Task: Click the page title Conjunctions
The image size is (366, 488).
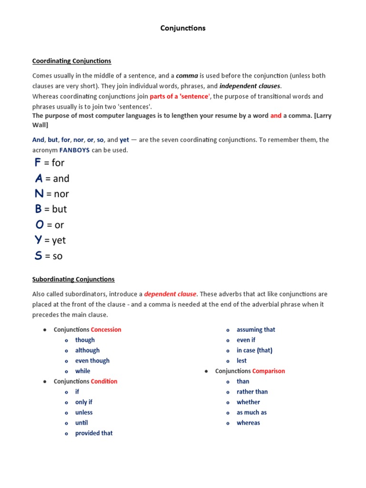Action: point(183,28)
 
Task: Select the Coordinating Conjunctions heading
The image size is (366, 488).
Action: point(71,61)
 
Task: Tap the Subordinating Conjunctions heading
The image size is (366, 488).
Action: point(73,279)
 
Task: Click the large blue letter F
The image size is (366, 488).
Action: point(38,163)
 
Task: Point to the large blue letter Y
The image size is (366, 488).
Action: point(39,240)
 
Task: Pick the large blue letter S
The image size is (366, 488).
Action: point(38,255)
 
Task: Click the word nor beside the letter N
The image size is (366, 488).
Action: point(61,194)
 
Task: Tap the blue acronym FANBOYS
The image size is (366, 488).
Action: point(74,150)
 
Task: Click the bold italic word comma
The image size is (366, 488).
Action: point(187,76)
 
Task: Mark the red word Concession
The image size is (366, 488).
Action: point(106,330)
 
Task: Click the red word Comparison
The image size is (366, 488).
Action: point(268,371)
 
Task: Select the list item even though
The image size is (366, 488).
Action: point(92,361)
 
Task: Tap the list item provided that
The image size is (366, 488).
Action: point(94,433)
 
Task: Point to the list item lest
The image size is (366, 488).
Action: point(242,361)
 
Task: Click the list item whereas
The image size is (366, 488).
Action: point(248,423)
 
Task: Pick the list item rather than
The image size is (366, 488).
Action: point(252,392)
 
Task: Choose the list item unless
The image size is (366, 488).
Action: point(84,413)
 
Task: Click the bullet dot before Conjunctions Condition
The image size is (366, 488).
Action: point(44,382)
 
